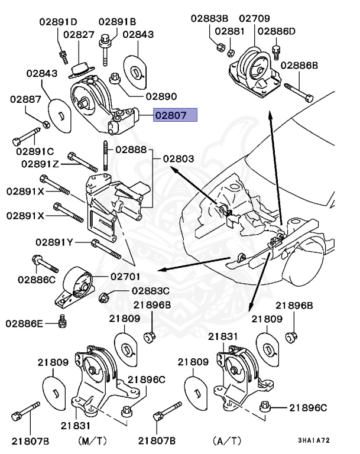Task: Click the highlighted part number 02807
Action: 174,116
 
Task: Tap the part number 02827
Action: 79,35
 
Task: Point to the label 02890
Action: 161,96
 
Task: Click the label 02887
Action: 25,100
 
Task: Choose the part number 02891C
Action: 33,152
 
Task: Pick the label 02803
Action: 179,158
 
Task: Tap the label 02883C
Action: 150,291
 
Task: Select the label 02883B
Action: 210,18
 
